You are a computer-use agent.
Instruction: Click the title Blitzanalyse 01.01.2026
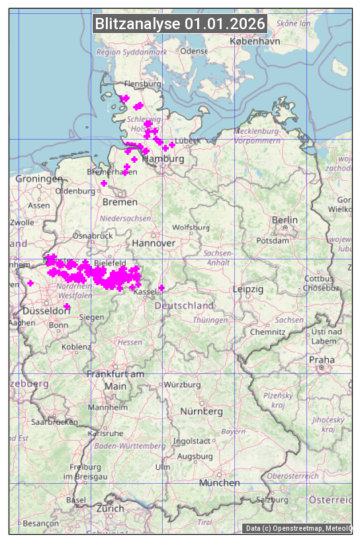click(x=180, y=24)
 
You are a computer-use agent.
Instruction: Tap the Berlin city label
click(x=285, y=220)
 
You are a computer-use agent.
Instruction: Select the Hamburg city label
click(x=163, y=159)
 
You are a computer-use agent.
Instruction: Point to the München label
click(x=219, y=483)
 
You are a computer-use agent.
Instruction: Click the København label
click(x=255, y=41)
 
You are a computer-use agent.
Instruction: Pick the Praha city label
click(x=322, y=359)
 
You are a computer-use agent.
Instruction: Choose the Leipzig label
click(x=248, y=289)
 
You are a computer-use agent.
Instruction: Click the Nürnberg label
click(x=202, y=412)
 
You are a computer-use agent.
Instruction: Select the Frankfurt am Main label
click(x=115, y=380)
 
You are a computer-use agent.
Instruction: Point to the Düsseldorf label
click(x=42, y=310)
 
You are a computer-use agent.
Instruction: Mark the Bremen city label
click(x=120, y=202)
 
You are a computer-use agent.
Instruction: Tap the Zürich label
click(x=110, y=508)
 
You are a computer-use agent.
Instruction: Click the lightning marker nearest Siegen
click(x=67, y=306)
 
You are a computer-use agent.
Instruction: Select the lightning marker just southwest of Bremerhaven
click(x=104, y=183)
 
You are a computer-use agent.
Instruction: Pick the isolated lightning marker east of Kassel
click(x=161, y=288)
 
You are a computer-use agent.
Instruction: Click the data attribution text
click(x=298, y=528)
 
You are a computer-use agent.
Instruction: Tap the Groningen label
click(x=39, y=179)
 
